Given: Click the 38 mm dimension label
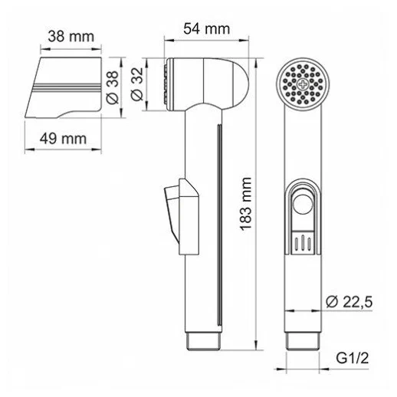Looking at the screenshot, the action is pos(71,37).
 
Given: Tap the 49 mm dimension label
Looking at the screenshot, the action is pos(63,139).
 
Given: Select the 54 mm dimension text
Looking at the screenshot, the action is pos(206,28).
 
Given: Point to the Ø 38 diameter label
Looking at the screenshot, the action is pos(113,87).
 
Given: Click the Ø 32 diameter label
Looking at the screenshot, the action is pos(137,84).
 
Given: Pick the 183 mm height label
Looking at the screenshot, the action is pos(246,204).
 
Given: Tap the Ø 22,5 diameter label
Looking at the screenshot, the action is pos(349,302).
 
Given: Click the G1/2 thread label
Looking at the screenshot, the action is pos(353,358).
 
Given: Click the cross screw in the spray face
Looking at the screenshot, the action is pos(303,84).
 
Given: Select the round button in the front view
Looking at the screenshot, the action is pos(303,204).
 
